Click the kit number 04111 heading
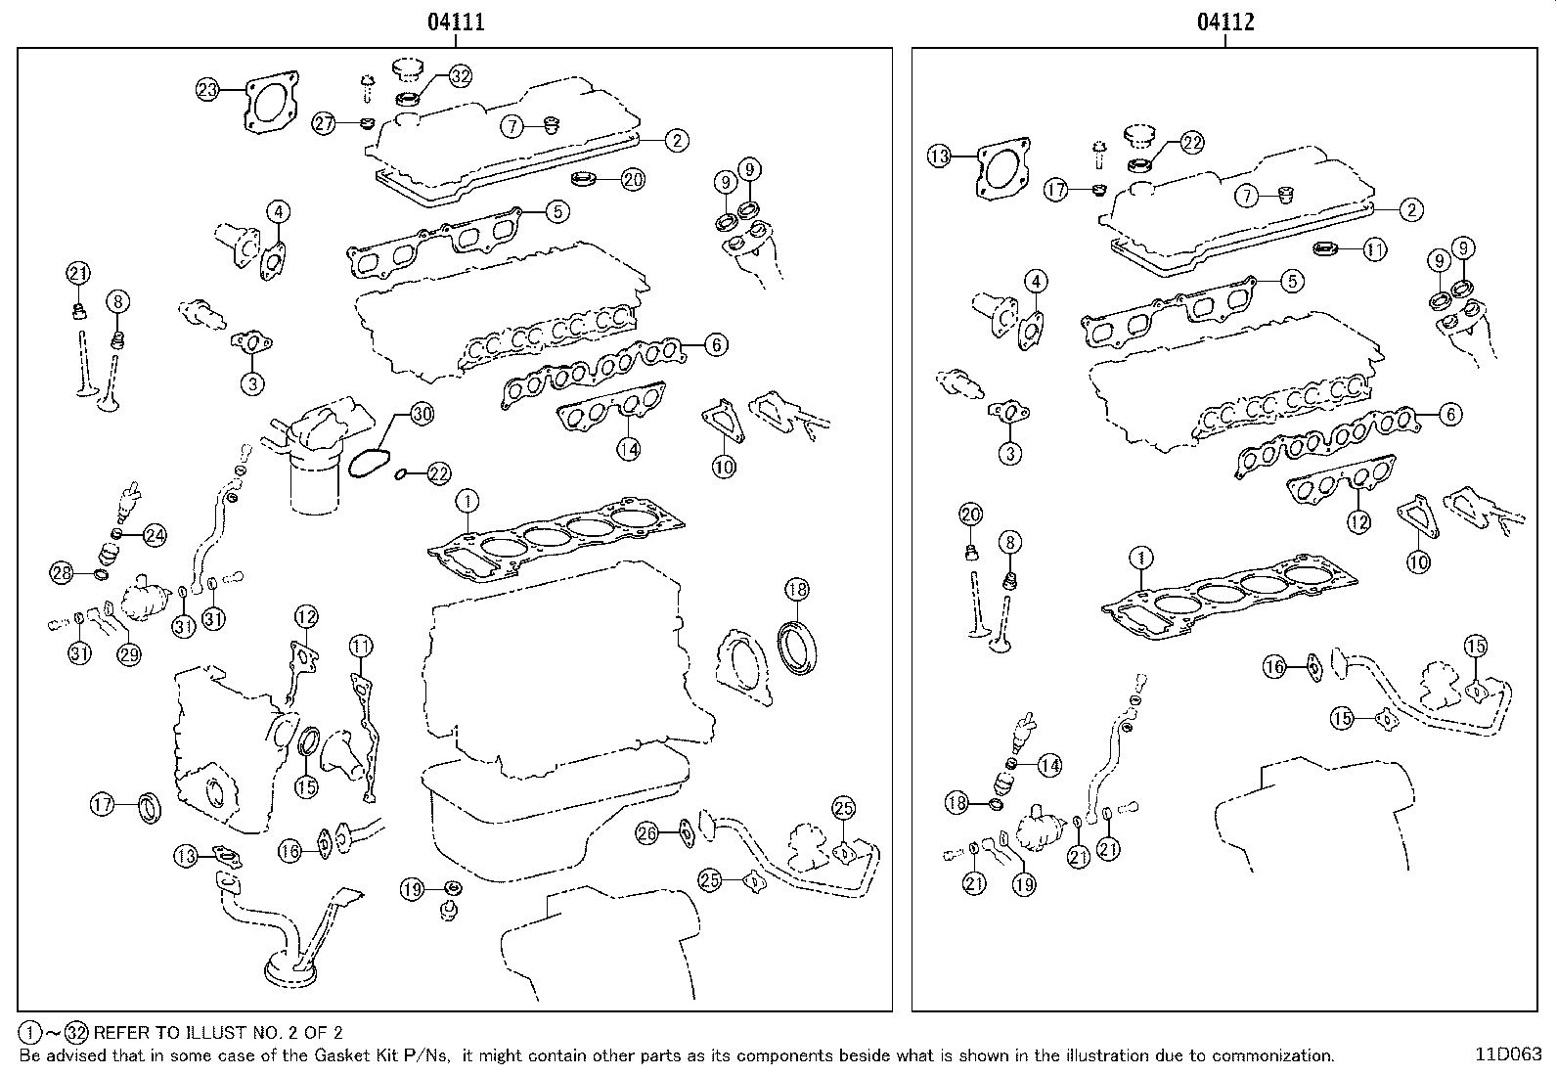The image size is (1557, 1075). point(456,22)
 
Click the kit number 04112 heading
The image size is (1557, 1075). point(1225,22)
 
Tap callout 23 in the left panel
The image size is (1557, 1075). point(207,91)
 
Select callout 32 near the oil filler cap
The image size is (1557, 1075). point(461,76)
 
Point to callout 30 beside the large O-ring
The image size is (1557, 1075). point(421,414)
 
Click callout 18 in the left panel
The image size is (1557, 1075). point(797,589)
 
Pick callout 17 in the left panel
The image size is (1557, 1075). point(103,805)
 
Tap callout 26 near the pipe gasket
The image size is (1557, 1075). point(646,832)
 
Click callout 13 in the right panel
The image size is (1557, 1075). point(939,156)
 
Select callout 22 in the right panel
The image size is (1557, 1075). point(1191,143)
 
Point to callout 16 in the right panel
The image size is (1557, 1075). point(1273,667)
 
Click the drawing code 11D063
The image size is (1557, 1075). point(1508,1055)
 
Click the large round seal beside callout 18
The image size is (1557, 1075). point(801,646)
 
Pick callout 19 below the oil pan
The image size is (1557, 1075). point(413,889)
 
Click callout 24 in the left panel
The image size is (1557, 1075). point(155,534)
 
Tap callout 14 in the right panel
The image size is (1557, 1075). point(1049,765)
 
